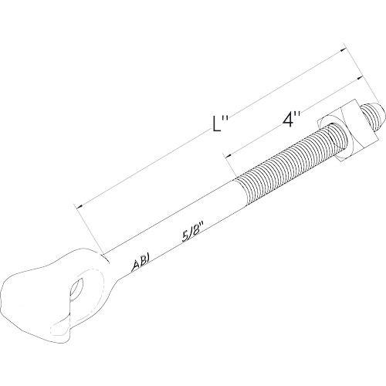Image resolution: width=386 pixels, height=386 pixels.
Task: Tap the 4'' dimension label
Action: coord(291,119)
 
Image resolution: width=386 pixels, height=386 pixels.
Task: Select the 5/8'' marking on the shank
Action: coord(191,233)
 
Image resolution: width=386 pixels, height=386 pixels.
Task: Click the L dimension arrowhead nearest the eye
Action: coord(80,206)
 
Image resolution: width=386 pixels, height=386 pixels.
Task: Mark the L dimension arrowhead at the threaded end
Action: coord(342,49)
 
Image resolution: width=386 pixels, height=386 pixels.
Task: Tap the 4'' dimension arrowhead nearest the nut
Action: coord(358,78)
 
